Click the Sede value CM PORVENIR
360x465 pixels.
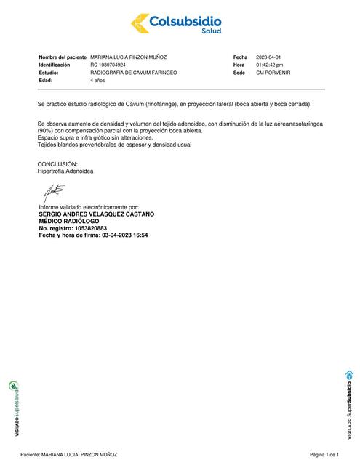[273, 73]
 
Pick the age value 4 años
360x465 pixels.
[98, 81]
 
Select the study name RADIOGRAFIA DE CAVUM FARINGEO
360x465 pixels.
[133, 73]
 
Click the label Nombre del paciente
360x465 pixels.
[63, 57]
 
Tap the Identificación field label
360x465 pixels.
[58, 65]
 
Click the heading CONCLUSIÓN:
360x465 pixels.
[57, 165]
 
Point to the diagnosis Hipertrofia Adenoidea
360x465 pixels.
[65, 171]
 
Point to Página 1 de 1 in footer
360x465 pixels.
[324, 453]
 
